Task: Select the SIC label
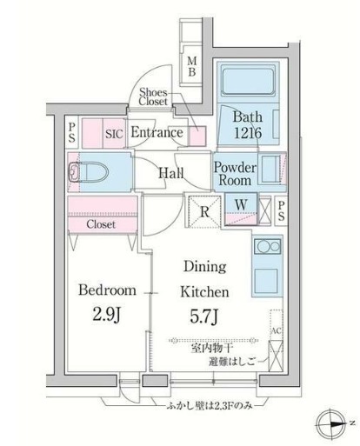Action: [114, 134]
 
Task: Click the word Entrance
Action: [157, 133]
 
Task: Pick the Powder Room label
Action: [235, 172]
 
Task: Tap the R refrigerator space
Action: [203, 210]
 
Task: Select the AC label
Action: [276, 331]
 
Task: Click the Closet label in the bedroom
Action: [102, 224]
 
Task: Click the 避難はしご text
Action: [226, 362]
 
